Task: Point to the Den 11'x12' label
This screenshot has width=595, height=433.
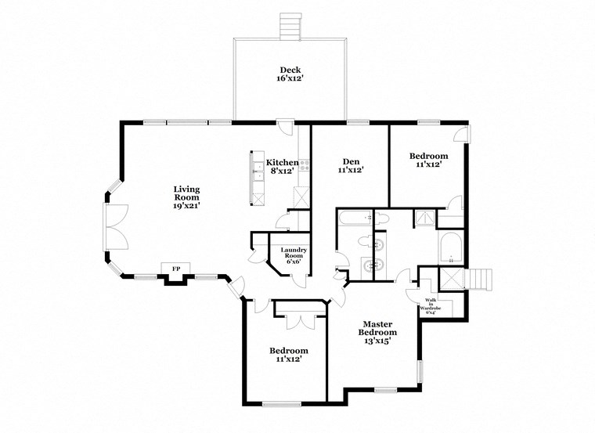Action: (x=350, y=164)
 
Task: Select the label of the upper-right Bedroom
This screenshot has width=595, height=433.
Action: (x=429, y=161)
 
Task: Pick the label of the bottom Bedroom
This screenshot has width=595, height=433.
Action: (x=288, y=355)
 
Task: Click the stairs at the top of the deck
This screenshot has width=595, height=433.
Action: (x=290, y=25)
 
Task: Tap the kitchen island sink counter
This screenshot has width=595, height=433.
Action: (x=256, y=176)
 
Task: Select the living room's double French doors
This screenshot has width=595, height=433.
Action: (x=115, y=227)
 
